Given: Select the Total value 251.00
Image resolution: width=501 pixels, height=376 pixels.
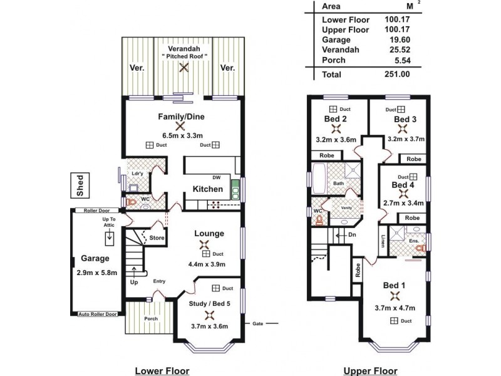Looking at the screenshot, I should [396, 74].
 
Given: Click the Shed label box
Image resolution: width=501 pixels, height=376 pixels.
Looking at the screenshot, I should [80, 185].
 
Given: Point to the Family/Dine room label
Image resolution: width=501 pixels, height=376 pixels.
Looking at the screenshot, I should [182, 116].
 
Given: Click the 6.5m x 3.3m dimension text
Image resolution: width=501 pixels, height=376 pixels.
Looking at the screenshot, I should [182, 135].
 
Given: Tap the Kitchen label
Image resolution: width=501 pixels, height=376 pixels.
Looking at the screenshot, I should [207, 189].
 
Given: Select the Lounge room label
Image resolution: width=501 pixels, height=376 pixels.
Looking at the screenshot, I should [209, 233].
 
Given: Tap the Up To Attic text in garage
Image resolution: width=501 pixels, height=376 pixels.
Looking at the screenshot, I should [110, 223].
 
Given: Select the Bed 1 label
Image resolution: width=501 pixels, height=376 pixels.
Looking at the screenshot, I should [395, 286].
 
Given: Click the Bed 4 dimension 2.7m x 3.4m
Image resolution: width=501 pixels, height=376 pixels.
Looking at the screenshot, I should [403, 202].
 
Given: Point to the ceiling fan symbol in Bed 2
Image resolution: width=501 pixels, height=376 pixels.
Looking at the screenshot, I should [336, 129].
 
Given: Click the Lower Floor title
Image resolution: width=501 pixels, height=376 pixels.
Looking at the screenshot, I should [162, 370].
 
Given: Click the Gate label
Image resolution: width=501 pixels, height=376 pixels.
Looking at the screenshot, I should [257, 324].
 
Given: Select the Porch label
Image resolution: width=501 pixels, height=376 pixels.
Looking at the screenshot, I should [151, 318].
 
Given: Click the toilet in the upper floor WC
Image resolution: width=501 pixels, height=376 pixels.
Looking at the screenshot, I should [319, 219].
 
